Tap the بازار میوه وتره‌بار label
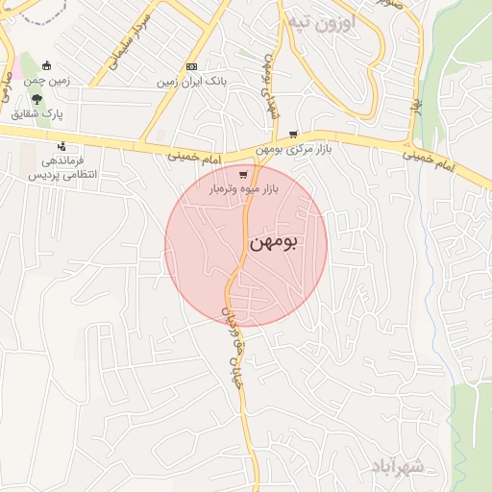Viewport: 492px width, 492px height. tap(244, 190)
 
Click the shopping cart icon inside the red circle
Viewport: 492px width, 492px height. tap(244, 175)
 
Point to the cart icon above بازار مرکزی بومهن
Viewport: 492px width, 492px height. tap(293, 135)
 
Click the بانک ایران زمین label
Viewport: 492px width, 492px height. tap(193, 83)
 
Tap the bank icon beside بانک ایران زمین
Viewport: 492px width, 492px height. tap(192, 66)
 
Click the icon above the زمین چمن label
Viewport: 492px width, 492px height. tap(46, 66)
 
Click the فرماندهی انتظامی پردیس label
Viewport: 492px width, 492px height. tap(56, 169)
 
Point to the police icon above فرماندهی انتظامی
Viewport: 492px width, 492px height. tap(62, 147)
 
